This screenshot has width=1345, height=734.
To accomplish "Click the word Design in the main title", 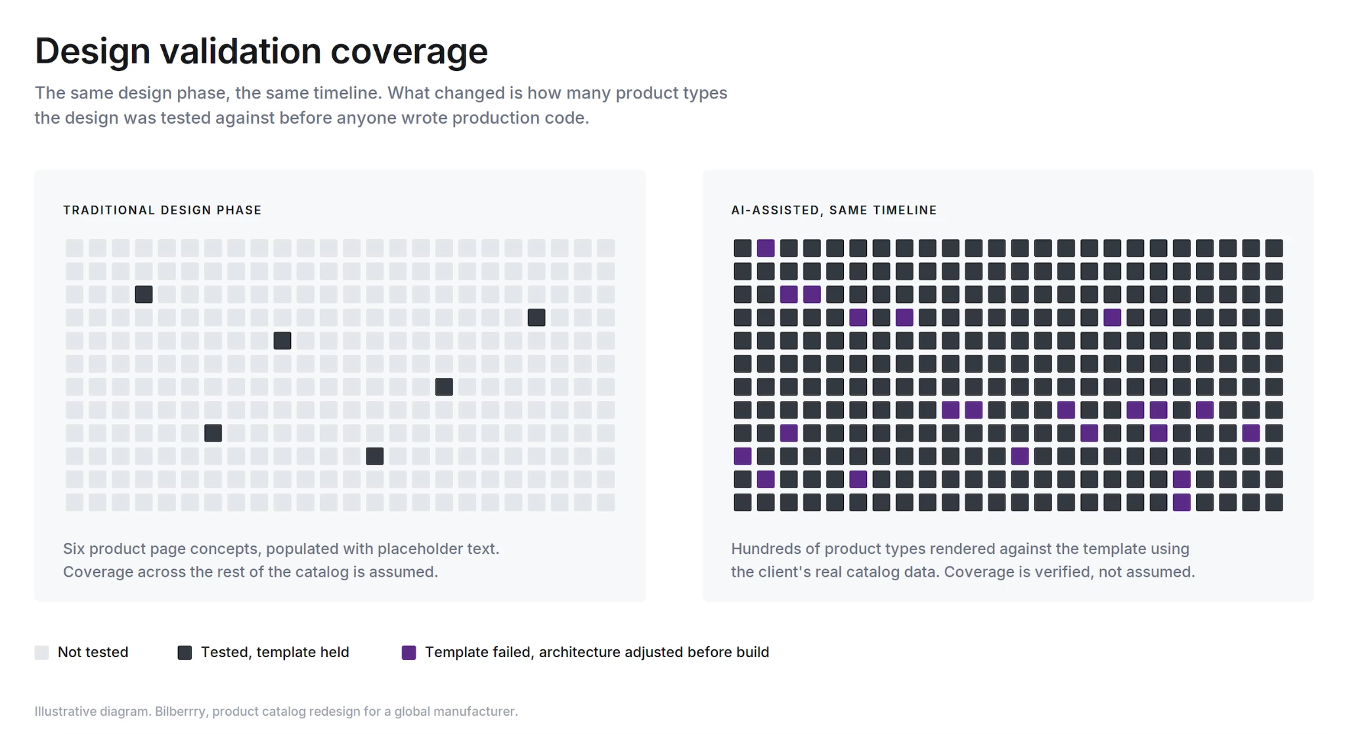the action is tap(93, 51).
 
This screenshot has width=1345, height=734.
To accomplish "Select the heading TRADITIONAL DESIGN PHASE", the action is tap(162, 210).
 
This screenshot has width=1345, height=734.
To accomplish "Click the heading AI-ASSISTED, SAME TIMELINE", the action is tap(834, 210).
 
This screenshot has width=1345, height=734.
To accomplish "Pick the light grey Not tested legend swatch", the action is tap(41, 653).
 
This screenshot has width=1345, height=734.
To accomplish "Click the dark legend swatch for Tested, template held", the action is tap(185, 653).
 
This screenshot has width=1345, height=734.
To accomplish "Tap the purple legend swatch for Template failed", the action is tap(408, 653).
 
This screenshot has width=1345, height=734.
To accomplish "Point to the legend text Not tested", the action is tap(93, 653).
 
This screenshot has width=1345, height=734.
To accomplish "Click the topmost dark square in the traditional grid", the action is tap(144, 294).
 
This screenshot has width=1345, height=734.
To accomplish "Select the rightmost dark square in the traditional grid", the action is tap(537, 317).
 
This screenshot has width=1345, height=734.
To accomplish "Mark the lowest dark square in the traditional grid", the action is tap(375, 456).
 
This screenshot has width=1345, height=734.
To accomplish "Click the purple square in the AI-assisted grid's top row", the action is tap(766, 248).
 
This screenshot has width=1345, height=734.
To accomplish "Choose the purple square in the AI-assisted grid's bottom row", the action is tap(1181, 503).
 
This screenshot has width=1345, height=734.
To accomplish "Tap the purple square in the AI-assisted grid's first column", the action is tap(743, 456).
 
